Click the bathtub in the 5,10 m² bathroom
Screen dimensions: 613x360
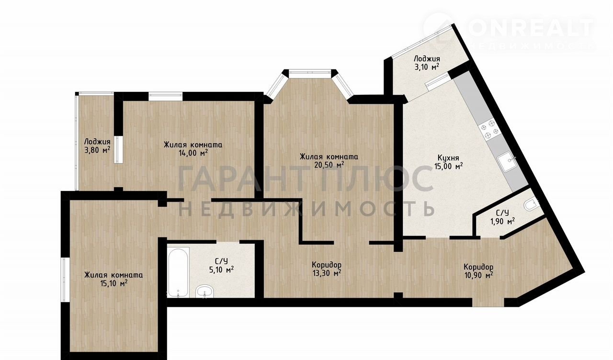pyautogui.click(x=178, y=272)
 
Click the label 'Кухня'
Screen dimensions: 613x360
pyautogui.click(x=448, y=158)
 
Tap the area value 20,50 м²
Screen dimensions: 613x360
pyautogui.click(x=329, y=165)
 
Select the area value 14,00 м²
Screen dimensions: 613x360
pyautogui.click(x=193, y=153)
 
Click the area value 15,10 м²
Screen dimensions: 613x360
pyautogui.click(x=113, y=283)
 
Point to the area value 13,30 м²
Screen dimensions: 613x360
pyautogui.click(x=327, y=273)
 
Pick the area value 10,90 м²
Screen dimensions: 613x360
pyautogui.click(x=478, y=275)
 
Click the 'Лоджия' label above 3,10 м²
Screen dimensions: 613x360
pyautogui.click(x=427, y=59)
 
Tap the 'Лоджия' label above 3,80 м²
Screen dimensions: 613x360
pyautogui.click(x=97, y=142)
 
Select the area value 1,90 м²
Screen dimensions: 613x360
pyautogui.click(x=503, y=221)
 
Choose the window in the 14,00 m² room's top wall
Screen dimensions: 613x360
pyautogui.click(x=166, y=96)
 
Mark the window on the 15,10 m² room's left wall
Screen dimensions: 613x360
pyautogui.click(x=63, y=280)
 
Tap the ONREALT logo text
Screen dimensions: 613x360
pyautogui.click(x=531, y=28)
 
